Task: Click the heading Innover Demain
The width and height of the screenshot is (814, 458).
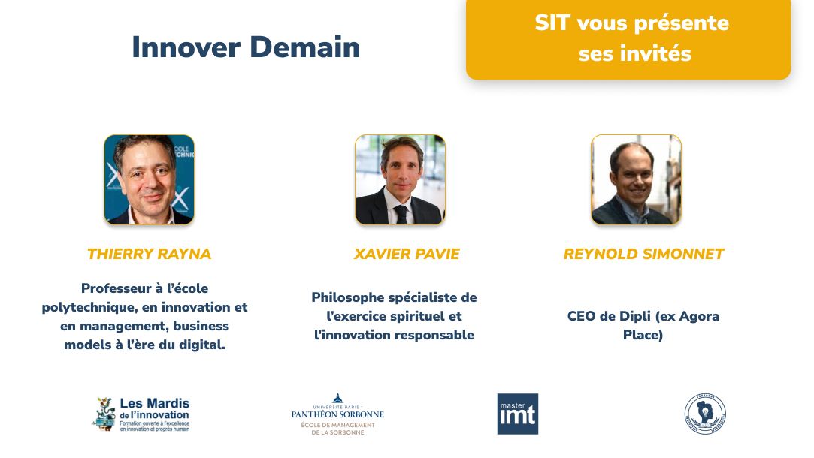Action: click(x=246, y=47)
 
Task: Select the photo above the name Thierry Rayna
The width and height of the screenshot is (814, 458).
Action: click(x=149, y=179)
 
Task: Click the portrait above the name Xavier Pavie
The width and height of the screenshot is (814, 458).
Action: click(x=400, y=179)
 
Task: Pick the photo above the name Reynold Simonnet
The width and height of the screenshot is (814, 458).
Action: click(x=636, y=179)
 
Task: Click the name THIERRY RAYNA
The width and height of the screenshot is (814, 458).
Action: click(x=149, y=254)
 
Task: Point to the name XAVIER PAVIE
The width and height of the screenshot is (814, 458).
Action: click(x=407, y=254)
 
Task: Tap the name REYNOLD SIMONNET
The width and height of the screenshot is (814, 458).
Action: click(x=643, y=254)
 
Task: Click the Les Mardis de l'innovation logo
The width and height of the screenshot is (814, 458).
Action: click(x=141, y=414)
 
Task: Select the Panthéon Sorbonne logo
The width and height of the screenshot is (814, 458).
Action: click(x=337, y=414)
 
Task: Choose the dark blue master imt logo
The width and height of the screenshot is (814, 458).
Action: click(x=517, y=414)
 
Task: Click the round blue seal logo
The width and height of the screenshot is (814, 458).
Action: click(x=705, y=414)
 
